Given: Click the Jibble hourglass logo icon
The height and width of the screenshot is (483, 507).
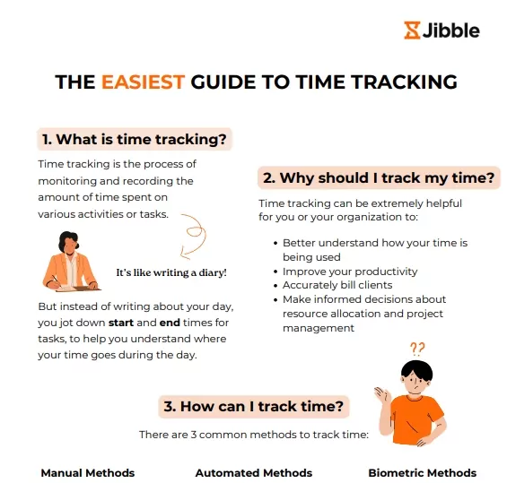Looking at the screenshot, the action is tap(412, 30).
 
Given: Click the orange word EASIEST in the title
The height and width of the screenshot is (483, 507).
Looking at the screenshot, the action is tap(143, 82).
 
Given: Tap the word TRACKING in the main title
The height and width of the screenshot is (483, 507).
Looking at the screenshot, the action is tap(404, 82).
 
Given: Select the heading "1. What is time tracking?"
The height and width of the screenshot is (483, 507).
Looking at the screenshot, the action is tap(135, 140).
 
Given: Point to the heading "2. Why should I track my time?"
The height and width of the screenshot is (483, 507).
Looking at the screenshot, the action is tap(379, 178).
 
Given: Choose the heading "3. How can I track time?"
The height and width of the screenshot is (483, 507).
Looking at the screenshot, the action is tap(254, 407).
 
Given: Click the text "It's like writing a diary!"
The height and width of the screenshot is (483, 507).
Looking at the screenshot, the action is tap(171, 272).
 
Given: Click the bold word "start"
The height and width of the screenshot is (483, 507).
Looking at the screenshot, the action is tap(121, 323).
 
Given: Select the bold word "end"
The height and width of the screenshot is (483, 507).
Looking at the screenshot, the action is tap(170, 323).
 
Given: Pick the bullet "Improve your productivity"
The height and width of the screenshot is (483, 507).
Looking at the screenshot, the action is tap(350, 272).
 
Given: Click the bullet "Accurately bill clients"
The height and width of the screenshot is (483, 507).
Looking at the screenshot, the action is tap(337, 285).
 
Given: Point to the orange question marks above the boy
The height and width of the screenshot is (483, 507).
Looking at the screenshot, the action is tap(417, 349).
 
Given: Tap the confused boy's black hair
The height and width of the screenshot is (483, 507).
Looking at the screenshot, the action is tap(416, 368).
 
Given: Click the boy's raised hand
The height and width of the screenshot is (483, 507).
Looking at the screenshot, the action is tap(383, 394).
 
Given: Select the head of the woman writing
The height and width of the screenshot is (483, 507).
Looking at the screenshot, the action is tap(68, 242).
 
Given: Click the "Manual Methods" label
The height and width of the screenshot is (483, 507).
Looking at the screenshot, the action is tap(88, 473).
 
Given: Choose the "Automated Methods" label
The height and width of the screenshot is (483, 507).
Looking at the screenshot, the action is tap(254, 473).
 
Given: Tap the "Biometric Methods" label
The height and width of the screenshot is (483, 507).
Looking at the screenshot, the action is tap(423, 473).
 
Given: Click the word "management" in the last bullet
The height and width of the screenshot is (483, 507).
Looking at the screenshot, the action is tap(319, 328).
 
